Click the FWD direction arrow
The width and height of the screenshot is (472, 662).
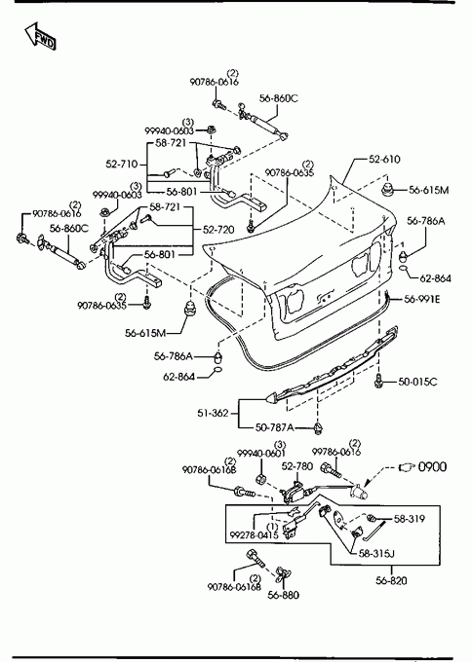39,36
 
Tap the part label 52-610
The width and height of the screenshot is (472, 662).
384,159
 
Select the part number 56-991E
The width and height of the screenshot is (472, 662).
421,299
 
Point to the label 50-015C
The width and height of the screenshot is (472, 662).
417,382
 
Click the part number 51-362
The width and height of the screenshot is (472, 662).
213,413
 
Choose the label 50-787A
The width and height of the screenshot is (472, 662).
274,427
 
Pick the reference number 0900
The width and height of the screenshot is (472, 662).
432,467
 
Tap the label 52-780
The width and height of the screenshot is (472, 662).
296,466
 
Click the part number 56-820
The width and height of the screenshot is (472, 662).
391,581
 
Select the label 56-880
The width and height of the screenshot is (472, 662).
283,595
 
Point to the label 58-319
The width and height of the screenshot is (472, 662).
409,519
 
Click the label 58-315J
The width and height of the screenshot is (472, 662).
376,553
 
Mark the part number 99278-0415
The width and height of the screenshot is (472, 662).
254,535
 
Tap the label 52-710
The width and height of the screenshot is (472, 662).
122,164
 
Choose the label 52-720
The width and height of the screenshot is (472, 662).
218,230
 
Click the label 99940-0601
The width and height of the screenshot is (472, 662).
261,454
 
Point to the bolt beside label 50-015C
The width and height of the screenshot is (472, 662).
378,382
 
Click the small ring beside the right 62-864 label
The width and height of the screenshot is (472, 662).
404,269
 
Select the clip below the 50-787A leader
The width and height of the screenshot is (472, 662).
318,429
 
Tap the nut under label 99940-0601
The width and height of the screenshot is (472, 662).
260,479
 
